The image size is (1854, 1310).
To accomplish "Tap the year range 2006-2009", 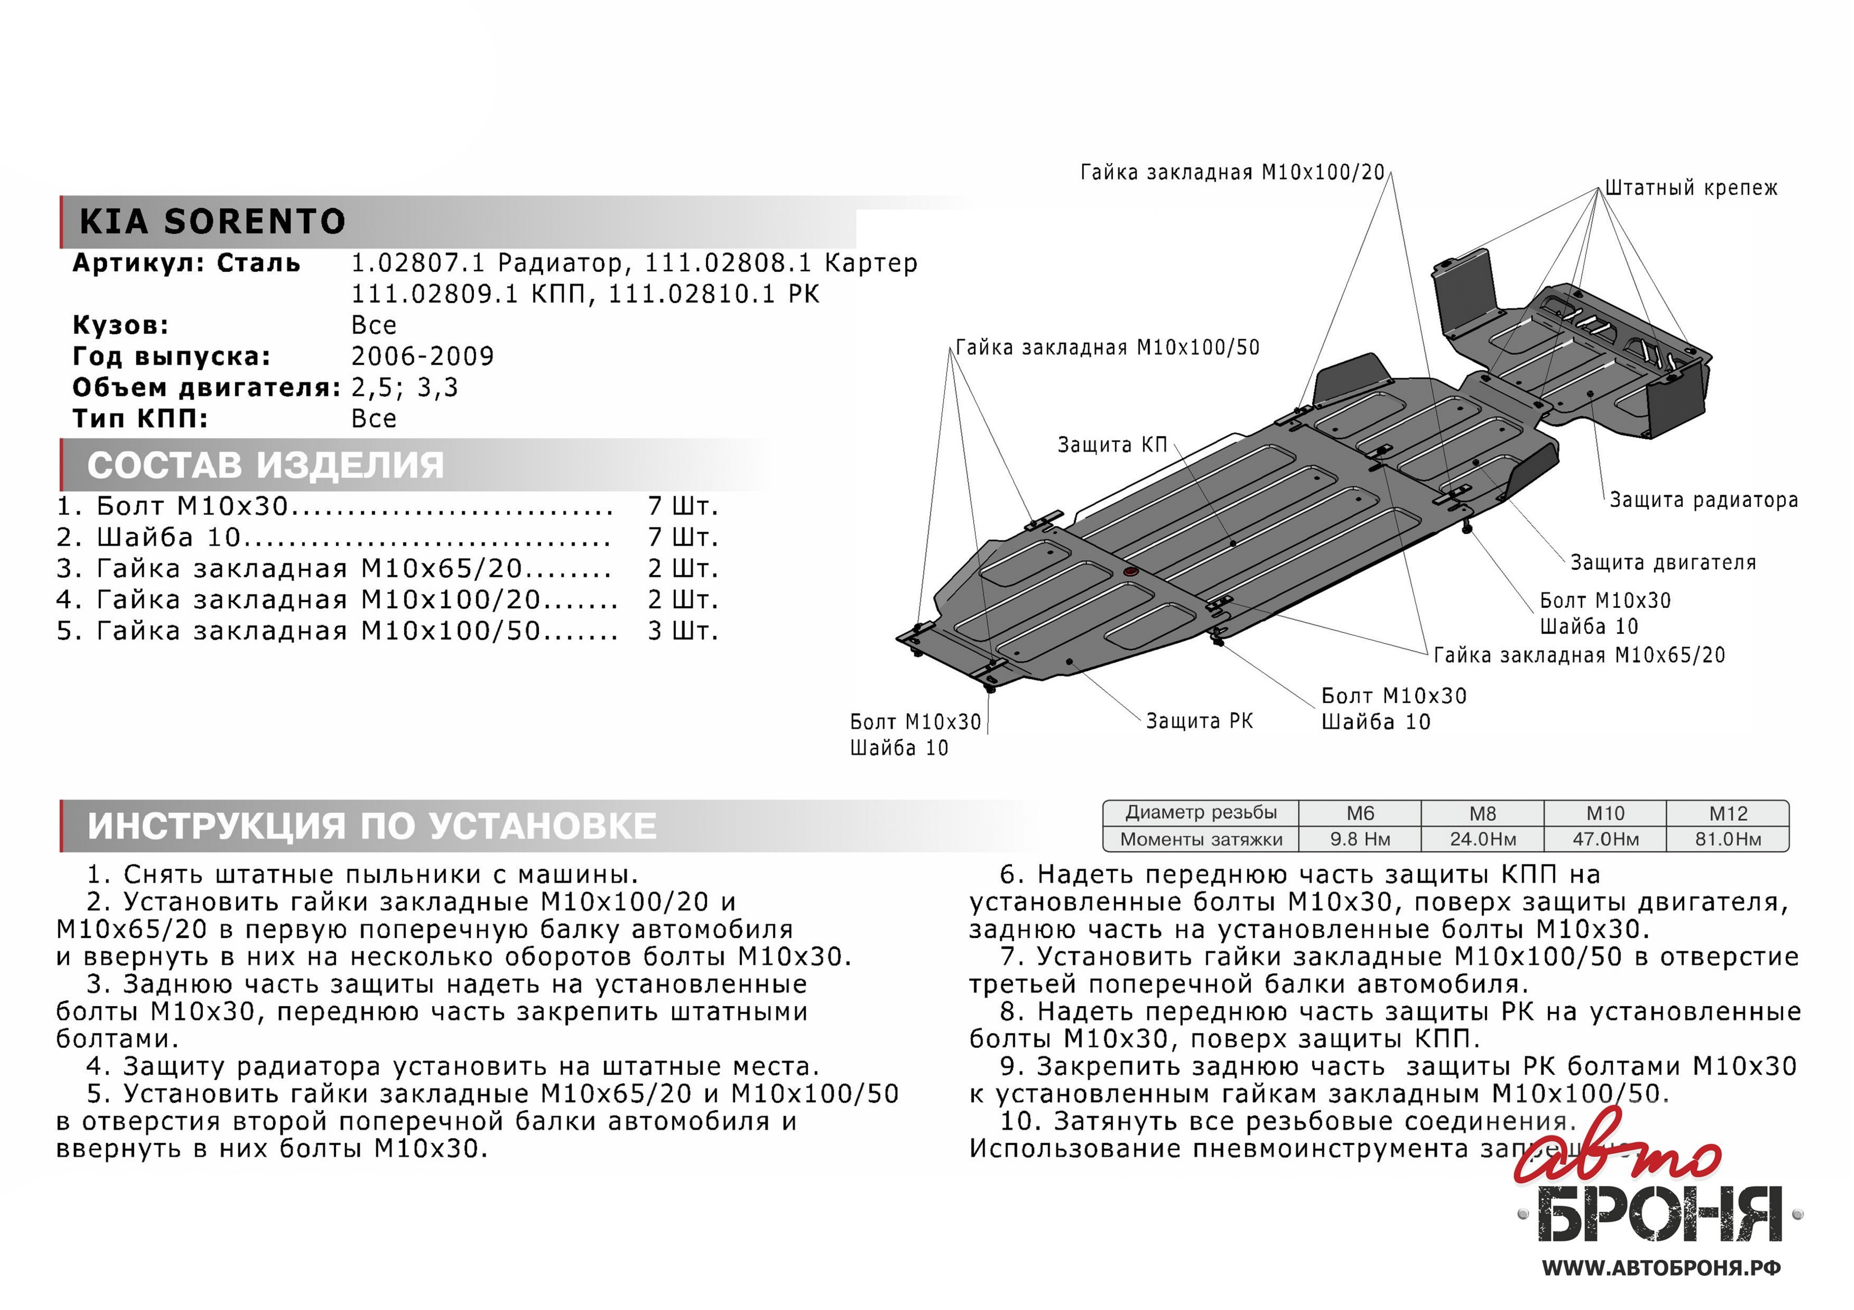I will (x=422, y=356).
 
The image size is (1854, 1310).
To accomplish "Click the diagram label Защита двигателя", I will (x=1663, y=563).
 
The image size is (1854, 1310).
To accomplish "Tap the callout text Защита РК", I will (x=1199, y=721).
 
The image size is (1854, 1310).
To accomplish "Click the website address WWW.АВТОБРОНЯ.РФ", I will (x=1661, y=1268).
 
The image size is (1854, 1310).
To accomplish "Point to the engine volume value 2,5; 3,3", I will (x=405, y=387).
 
